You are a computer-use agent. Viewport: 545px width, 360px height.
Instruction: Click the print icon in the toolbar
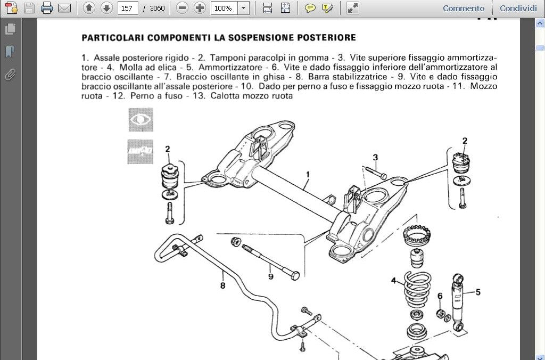click(47, 8)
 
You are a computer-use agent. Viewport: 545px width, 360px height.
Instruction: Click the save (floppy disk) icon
click(29, 8)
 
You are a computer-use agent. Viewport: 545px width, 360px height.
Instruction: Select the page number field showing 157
click(127, 8)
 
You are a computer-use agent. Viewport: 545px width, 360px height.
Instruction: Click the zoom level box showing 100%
click(224, 8)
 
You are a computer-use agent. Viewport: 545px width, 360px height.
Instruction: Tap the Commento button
click(464, 8)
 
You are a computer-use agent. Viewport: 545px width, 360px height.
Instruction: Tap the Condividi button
click(518, 8)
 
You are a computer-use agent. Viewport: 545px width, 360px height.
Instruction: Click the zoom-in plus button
click(200, 8)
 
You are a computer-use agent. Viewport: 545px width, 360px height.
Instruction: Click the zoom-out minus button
click(183, 8)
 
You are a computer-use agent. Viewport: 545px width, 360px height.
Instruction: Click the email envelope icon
click(64, 8)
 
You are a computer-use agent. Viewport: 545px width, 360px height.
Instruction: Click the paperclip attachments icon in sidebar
click(10, 75)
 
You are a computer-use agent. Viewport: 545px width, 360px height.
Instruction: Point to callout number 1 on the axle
click(308, 174)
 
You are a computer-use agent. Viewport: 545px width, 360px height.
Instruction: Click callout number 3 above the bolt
click(375, 158)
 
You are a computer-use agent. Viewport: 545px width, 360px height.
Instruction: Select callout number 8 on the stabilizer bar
click(222, 285)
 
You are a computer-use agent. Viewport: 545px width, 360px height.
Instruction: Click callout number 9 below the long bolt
click(270, 276)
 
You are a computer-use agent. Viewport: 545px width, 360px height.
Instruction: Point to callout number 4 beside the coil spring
click(394, 281)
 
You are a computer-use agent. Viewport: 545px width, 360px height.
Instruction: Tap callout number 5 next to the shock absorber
click(478, 292)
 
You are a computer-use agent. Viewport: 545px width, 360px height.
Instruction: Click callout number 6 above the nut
click(440, 296)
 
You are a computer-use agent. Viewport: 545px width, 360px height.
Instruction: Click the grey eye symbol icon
click(141, 120)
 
